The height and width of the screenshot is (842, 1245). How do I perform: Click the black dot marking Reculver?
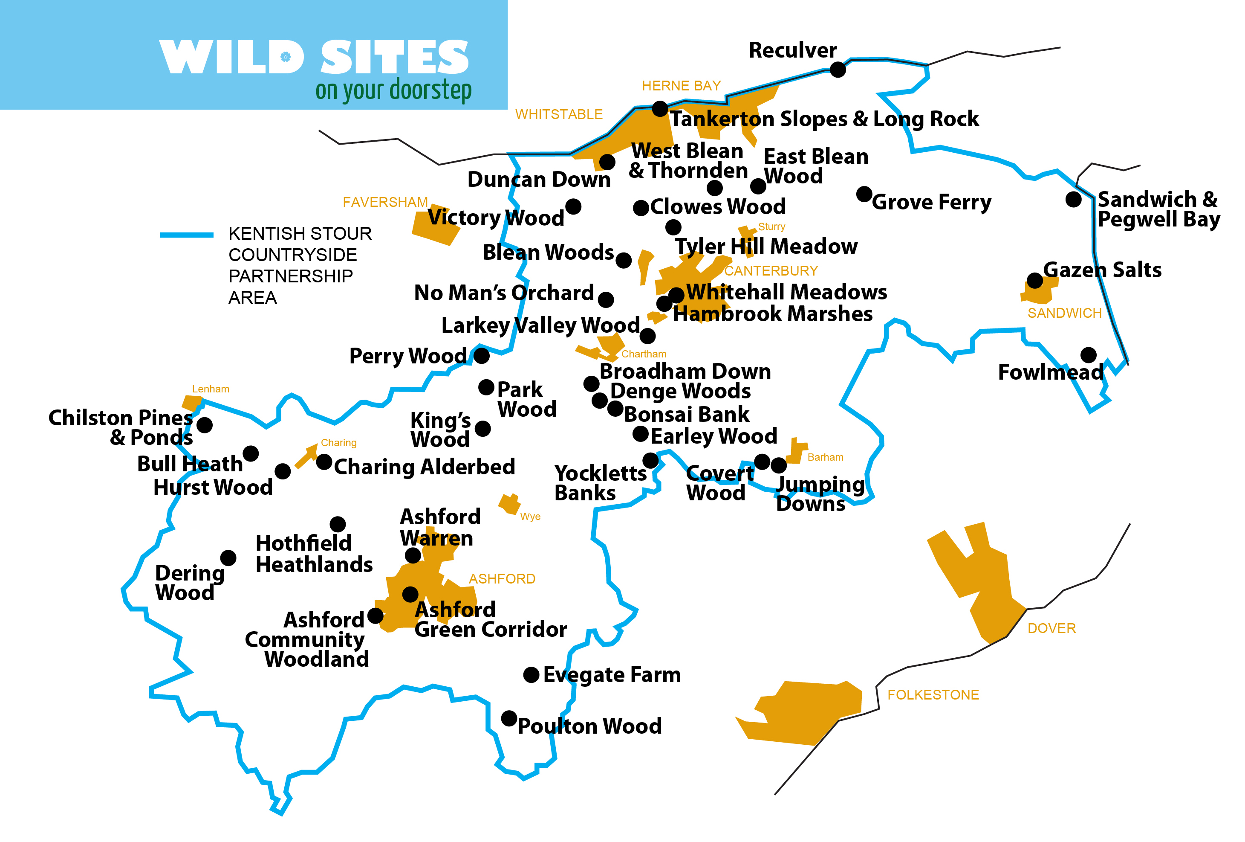point(838,69)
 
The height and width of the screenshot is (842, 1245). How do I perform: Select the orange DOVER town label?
point(1051,628)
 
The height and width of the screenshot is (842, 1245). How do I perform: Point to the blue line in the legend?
point(186,235)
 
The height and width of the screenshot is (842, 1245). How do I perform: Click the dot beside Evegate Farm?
point(531,675)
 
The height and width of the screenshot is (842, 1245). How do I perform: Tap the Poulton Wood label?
point(589,726)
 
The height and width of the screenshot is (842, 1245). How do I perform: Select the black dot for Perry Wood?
point(481,355)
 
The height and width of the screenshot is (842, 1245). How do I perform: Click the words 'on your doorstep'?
point(393,90)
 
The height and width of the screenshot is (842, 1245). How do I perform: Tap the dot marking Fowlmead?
point(1088,355)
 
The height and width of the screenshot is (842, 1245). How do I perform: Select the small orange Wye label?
point(530,517)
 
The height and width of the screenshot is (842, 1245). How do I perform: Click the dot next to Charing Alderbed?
point(324,462)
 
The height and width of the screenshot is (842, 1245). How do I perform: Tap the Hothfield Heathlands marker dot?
point(338,524)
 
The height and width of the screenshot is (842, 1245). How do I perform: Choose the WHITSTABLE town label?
point(559,114)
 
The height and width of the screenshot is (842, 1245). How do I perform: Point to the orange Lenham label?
point(211,389)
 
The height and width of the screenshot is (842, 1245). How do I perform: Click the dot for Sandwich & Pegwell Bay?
point(1073,199)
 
